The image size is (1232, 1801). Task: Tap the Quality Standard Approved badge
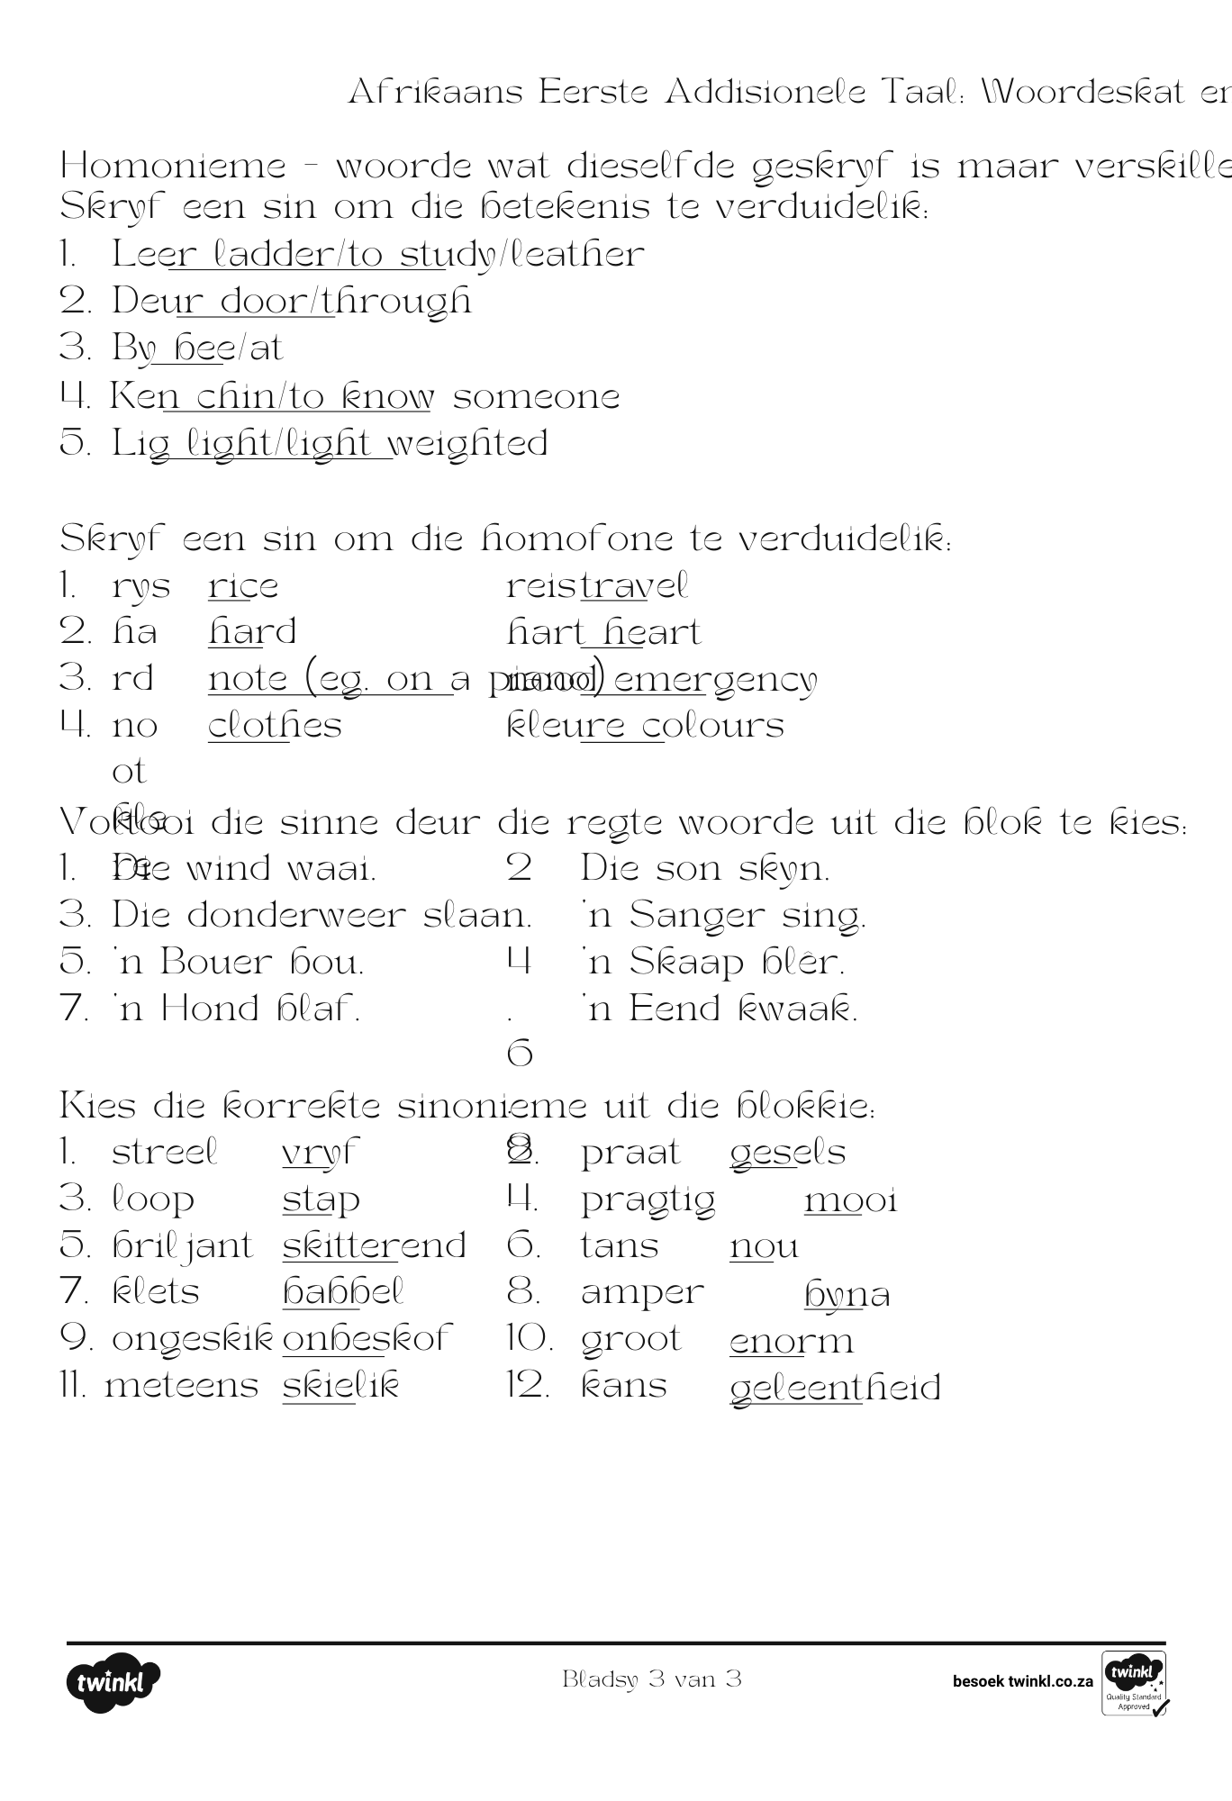pos(1134,1682)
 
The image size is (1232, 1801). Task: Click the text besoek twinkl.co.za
pos(1022,1681)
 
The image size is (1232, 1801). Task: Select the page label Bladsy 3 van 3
pos(652,1679)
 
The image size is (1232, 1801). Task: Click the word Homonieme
pos(173,167)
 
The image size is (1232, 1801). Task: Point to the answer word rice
pos(243,587)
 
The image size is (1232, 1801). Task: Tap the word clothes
pos(275,726)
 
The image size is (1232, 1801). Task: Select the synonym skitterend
pos(374,1246)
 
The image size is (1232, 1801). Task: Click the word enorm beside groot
pos(792,1341)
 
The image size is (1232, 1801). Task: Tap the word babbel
pos(343,1292)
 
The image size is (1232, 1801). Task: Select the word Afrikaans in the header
pos(435,92)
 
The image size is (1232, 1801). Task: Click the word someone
pos(536,397)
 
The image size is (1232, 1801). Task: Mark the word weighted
pos(469,444)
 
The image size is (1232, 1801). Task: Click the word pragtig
pos(648,1200)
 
